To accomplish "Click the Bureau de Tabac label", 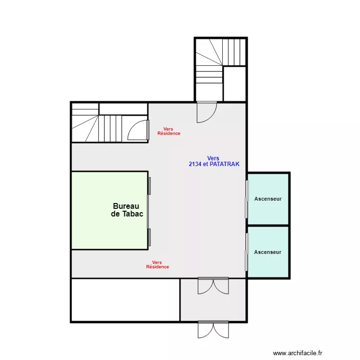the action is tap(127, 210).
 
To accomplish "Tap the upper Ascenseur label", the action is tap(268, 199).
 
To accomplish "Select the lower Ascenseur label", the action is tap(268, 252).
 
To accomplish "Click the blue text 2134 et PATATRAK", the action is tap(214, 164).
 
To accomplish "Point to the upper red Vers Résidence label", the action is tap(169, 131).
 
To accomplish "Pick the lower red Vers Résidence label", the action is tap(157, 264).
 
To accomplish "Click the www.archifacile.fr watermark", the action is tap(298, 353).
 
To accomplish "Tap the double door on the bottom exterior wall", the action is tap(213, 330).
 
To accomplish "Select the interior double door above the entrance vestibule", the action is tap(213, 286).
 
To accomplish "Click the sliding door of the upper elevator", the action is tap(247, 199).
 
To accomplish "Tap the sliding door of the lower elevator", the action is tap(247, 252).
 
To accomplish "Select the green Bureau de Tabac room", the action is tap(109, 210).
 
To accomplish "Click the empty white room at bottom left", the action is tap(126, 300).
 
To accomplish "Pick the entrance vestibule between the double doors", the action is tap(213, 300).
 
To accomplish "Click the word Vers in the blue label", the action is tap(213, 158).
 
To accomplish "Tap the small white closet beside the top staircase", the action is tap(235, 84).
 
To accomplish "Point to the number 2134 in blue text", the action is tap(195, 164).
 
